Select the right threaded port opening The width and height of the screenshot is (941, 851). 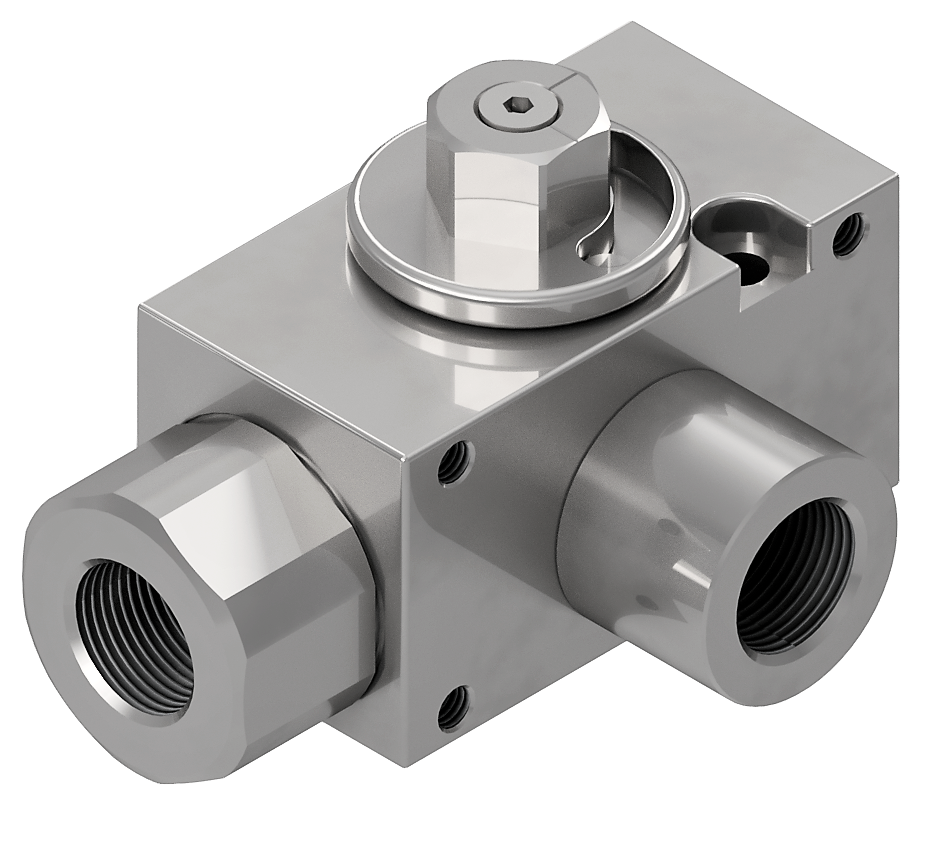click(x=790, y=580)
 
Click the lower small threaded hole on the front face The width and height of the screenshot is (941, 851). click(x=452, y=707)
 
